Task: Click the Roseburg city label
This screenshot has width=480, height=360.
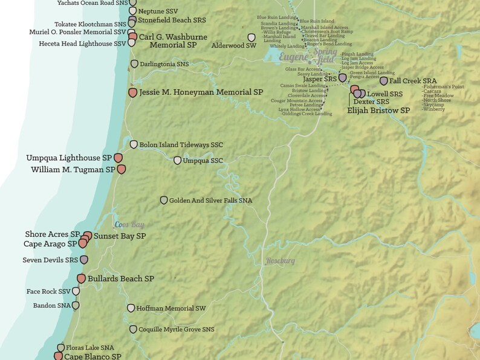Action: (x=281, y=261)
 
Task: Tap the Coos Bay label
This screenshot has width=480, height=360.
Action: (x=129, y=225)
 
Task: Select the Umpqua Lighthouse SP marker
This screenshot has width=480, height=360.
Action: (x=118, y=158)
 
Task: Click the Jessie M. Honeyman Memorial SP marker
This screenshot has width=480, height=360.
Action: (x=133, y=92)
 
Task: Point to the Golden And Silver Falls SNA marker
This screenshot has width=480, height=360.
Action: (x=163, y=201)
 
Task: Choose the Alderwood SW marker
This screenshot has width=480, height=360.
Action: (x=252, y=38)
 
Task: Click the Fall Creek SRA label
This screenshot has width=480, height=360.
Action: (x=413, y=80)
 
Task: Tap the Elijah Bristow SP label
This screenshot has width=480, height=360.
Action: (x=378, y=111)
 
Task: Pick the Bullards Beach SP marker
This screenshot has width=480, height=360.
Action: (x=82, y=278)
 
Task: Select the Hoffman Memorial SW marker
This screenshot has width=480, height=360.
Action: (x=130, y=308)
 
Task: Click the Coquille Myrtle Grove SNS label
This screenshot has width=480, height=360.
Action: (x=177, y=329)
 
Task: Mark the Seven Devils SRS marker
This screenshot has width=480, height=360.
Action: (x=84, y=260)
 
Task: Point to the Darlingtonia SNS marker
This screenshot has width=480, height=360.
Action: (x=134, y=64)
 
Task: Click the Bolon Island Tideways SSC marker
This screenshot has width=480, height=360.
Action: (x=134, y=145)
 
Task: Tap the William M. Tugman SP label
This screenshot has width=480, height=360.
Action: (x=73, y=170)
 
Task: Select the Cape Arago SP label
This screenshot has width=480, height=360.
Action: (x=50, y=244)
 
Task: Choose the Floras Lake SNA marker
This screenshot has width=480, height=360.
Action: (x=60, y=348)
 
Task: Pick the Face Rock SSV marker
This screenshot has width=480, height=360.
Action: (x=76, y=292)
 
